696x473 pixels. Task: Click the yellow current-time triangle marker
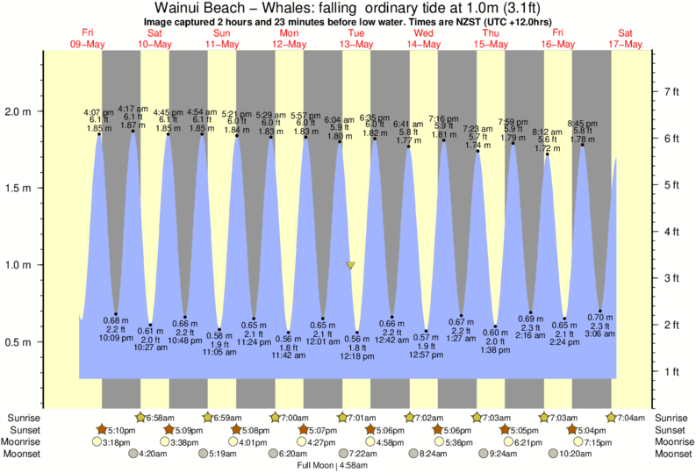pos(351,265)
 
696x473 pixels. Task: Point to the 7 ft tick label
pos(671,91)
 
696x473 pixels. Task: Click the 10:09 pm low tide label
pos(116,337)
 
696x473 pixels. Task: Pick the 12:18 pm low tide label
pos(357,356)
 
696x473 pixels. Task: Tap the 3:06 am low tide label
pos(600,333)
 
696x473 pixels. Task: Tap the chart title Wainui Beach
pos(207,8)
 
